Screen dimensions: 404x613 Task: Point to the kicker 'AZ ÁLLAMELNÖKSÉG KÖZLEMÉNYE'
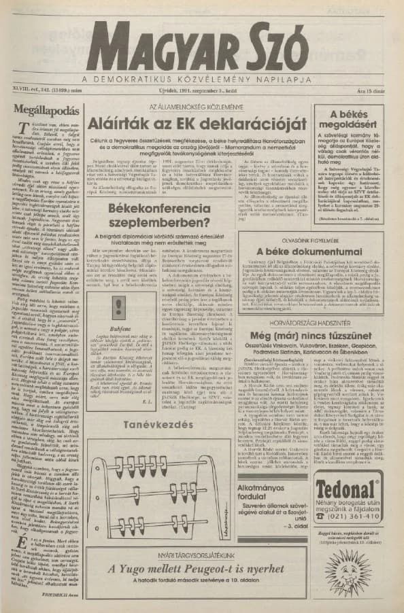(x=197, y=107)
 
